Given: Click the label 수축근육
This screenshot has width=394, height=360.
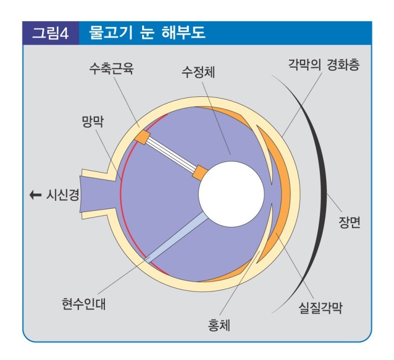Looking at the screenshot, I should coord(111,70).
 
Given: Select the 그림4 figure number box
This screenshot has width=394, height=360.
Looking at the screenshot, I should coord(50,33).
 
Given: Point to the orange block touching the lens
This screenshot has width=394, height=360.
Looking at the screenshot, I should coord(200,173).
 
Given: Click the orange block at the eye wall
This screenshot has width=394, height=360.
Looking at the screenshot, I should coord(143,137).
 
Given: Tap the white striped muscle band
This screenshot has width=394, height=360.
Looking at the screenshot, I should coord(171,155).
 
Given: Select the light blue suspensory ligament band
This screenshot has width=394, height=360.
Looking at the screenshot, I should coord(176,236).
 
